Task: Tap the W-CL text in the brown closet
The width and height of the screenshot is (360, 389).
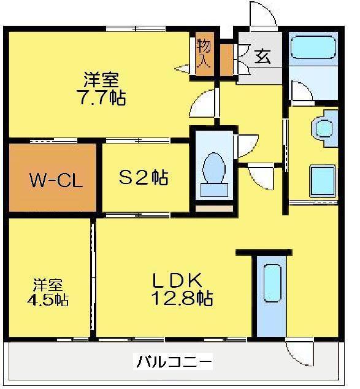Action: point(55,180)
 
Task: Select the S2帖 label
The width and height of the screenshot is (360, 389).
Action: point(143,178)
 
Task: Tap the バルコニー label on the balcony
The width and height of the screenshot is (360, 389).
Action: point(174,361)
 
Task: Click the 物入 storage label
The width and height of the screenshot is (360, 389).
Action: point(203,53)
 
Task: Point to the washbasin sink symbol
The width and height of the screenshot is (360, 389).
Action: point(323,127)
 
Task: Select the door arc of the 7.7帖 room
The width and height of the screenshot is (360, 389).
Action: point(204,104)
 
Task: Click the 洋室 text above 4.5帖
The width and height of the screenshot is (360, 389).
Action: point(47,285)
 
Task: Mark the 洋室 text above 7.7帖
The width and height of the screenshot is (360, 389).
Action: point(102,79)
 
